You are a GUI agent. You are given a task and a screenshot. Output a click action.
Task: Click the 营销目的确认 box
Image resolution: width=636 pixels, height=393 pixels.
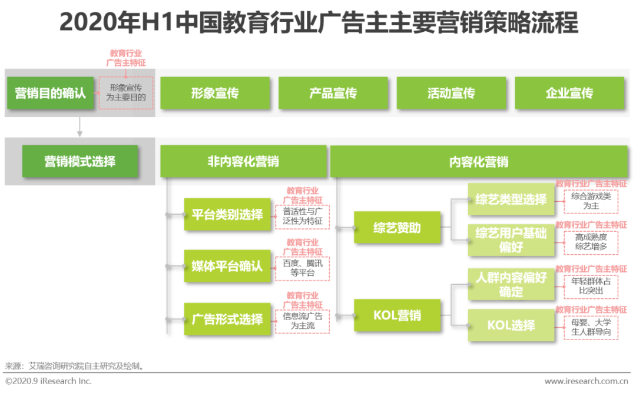tap(50, 93)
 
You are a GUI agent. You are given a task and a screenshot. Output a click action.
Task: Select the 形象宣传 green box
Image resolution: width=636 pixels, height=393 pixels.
tap(215, 93)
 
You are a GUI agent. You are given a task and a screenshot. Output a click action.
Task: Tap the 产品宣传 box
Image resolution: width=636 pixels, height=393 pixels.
tap(333, 93)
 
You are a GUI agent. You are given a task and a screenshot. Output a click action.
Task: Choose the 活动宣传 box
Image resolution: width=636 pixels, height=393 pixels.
tap(451, 93)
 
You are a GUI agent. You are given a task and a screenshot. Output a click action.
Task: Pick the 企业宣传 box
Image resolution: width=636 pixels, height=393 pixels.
tap(569, 93)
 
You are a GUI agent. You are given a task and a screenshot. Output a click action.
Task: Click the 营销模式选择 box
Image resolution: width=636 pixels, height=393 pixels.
tap(80, 161)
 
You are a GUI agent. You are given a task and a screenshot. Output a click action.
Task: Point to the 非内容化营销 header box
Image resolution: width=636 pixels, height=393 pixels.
tap(243, 161)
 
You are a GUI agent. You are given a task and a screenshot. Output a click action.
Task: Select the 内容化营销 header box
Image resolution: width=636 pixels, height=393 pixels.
tap(479, 162)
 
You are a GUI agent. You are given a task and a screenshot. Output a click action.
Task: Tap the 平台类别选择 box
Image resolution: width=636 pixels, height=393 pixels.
tap(227, 214)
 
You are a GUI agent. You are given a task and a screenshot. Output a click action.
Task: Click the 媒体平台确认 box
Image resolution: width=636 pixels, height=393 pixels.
tap(227, 266)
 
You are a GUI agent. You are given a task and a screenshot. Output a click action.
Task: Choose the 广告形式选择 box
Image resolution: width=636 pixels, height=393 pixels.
tap(227, 319)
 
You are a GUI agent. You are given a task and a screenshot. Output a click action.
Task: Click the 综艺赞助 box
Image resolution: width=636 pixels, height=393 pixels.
tap(397, 227)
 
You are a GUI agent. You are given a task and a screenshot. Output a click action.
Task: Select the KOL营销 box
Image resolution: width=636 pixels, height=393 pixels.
tap(397, 315)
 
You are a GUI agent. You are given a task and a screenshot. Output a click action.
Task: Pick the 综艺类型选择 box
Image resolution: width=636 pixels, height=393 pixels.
tap(511, 199)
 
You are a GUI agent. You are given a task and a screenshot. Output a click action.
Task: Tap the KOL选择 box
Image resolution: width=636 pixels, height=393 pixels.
tap(511, 325)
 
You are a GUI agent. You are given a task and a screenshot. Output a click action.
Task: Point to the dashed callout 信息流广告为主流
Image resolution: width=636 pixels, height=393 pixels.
tap(303, 321)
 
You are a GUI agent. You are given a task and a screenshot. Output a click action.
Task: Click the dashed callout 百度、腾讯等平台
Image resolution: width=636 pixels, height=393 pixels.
tap(303, 268)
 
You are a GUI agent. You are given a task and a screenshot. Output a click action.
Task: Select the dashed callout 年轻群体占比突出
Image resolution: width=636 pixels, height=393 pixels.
tap(591, 286)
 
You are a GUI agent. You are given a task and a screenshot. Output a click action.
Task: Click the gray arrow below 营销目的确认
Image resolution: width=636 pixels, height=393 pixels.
tap(79, 127)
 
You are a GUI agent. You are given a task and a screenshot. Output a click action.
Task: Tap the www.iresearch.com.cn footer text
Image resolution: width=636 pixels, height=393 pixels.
tap(586, 381)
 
